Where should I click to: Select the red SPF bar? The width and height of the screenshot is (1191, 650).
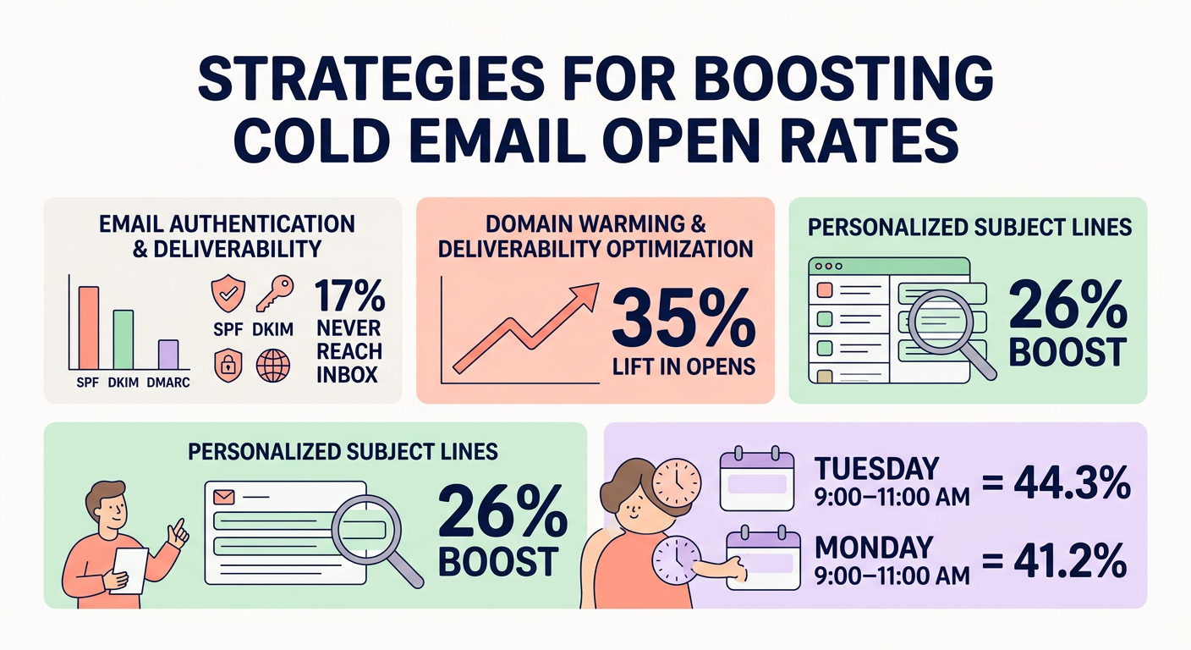(88, 330)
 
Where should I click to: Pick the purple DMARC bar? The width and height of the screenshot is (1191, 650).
(168, 355)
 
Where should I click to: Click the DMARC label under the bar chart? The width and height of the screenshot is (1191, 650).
(168, 383)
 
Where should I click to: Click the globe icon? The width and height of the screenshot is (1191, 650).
(272, 366)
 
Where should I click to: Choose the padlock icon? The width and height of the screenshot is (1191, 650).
(228, 366)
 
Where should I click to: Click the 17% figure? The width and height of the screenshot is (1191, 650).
(350, 299)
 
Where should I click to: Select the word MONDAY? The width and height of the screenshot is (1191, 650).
(874, 546)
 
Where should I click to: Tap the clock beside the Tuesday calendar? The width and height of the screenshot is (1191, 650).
(678, 482)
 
